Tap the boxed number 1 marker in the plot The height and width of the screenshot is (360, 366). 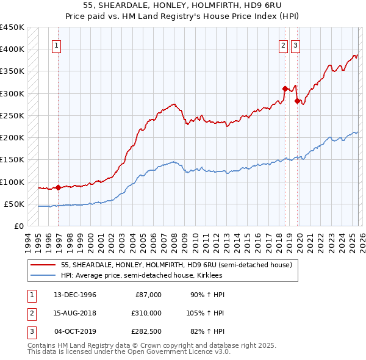coord(56,45)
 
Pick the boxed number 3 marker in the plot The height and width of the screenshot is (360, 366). coord(296,45)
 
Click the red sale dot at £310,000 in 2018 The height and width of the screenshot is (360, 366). coord(285,89)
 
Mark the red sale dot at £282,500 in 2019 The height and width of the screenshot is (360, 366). coord(297,101)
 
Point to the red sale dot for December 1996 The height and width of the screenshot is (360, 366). coord(58,187)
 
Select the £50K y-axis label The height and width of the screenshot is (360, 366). coord(15,204)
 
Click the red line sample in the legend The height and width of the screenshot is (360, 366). coord(42,265)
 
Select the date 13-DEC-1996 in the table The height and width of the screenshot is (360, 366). coord(75,295)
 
